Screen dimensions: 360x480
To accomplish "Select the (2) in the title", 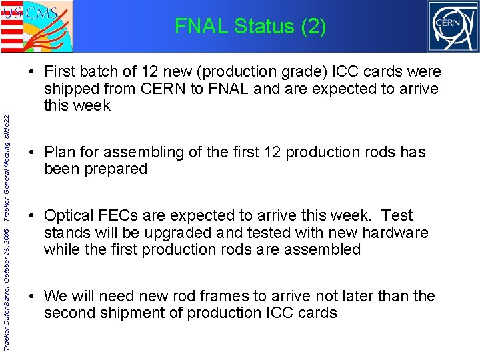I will click(x=313, y=27).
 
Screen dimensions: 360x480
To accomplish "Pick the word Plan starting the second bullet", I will click(x=61, y=152).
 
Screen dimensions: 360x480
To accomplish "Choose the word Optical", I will click(x=71, y=215).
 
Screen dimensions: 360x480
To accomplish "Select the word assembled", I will click(x=325, y=249).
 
